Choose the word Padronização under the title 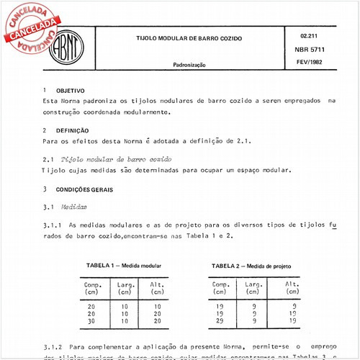pyautogui.click(x=189, y=65)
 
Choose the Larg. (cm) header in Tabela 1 pyautogui.click(x=124, y=289)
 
